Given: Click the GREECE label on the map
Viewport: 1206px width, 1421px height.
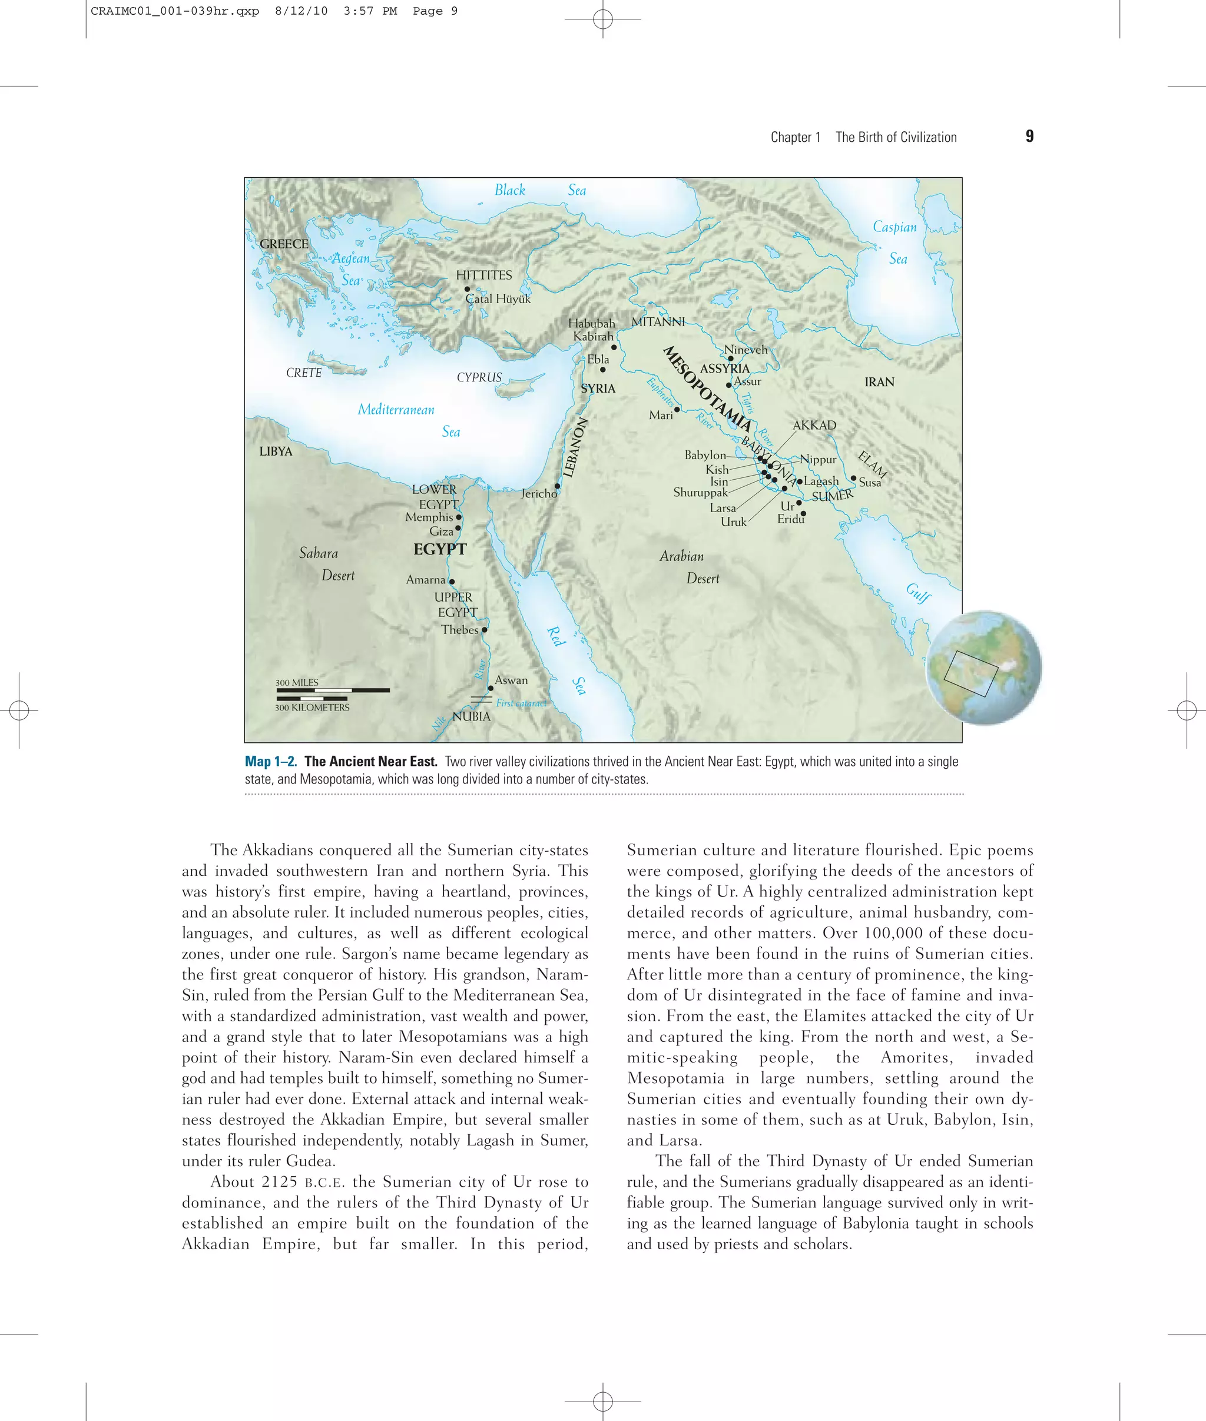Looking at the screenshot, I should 284,244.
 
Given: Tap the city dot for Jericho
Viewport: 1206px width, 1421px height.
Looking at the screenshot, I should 557,486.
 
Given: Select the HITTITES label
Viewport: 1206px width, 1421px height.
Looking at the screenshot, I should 483,275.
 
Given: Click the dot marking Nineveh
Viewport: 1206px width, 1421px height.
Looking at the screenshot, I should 730,358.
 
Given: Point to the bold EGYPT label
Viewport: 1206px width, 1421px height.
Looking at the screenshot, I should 440,549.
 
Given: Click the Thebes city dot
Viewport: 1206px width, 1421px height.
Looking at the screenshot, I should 485,629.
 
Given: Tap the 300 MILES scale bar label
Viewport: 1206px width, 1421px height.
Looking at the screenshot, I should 297,682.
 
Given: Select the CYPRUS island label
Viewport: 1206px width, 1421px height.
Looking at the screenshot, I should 479,377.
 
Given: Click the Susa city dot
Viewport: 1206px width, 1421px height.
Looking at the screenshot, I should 853,478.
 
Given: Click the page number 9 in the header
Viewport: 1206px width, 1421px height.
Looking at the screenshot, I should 1029,136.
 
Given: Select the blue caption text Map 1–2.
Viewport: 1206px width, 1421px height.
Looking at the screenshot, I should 271,762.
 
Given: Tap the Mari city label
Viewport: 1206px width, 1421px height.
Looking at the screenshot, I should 661,415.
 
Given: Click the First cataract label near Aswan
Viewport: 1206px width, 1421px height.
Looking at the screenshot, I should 521,703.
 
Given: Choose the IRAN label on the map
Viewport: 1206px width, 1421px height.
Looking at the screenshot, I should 879,382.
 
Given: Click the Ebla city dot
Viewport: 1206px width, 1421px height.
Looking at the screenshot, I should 602,370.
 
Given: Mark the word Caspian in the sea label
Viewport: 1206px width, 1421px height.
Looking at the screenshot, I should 894,227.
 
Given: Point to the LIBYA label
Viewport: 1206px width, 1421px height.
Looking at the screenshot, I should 276,451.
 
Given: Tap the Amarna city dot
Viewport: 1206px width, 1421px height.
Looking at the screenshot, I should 451,582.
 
